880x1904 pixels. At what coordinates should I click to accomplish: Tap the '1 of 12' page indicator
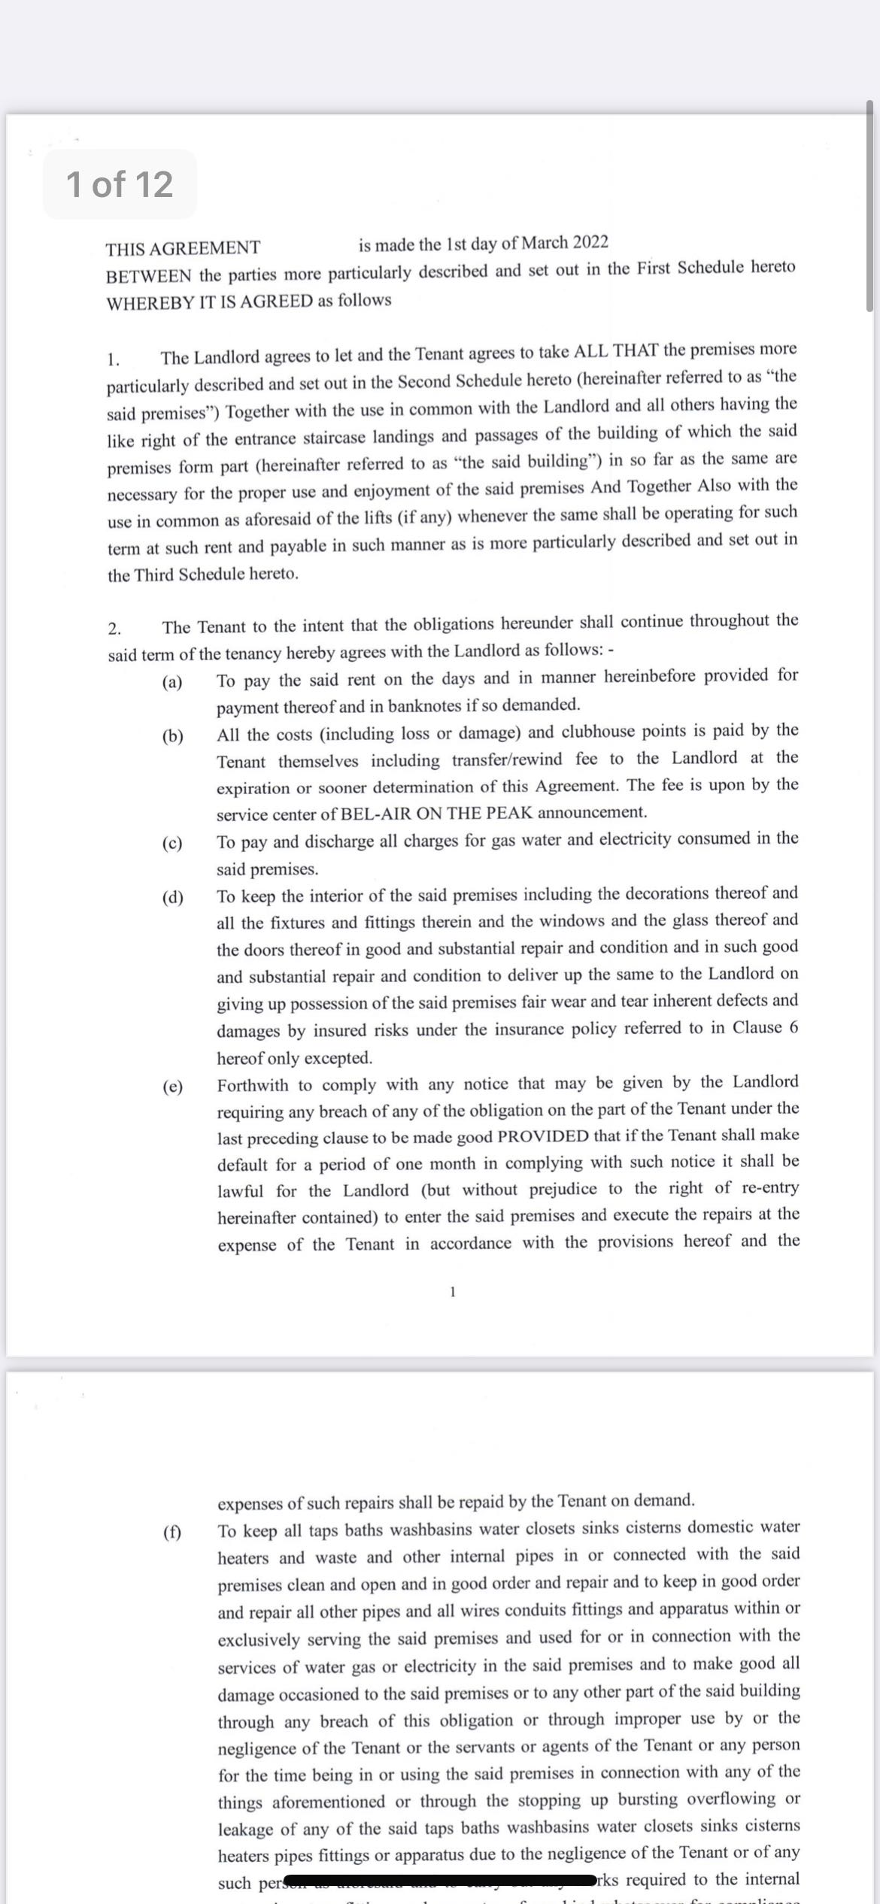coord(120,184)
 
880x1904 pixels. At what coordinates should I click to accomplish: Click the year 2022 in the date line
coord(590,243)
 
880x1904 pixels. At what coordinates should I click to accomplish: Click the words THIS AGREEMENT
coord(183,248)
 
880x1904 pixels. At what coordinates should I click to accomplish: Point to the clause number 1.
coord(113,359)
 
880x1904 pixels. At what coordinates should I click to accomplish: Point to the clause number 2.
coord(114,629)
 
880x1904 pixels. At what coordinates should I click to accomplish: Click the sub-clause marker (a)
coord(172,683)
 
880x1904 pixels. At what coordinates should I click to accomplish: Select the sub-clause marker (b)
coord(172,736)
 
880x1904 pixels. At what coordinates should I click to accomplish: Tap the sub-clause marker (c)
coord(172,843)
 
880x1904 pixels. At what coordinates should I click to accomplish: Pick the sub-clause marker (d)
coord(172,897)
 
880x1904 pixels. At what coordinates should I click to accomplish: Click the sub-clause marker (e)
coord(172,1087)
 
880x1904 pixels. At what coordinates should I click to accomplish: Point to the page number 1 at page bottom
coord(452,1292)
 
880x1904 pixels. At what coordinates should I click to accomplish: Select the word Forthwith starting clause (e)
coord(253,1085)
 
